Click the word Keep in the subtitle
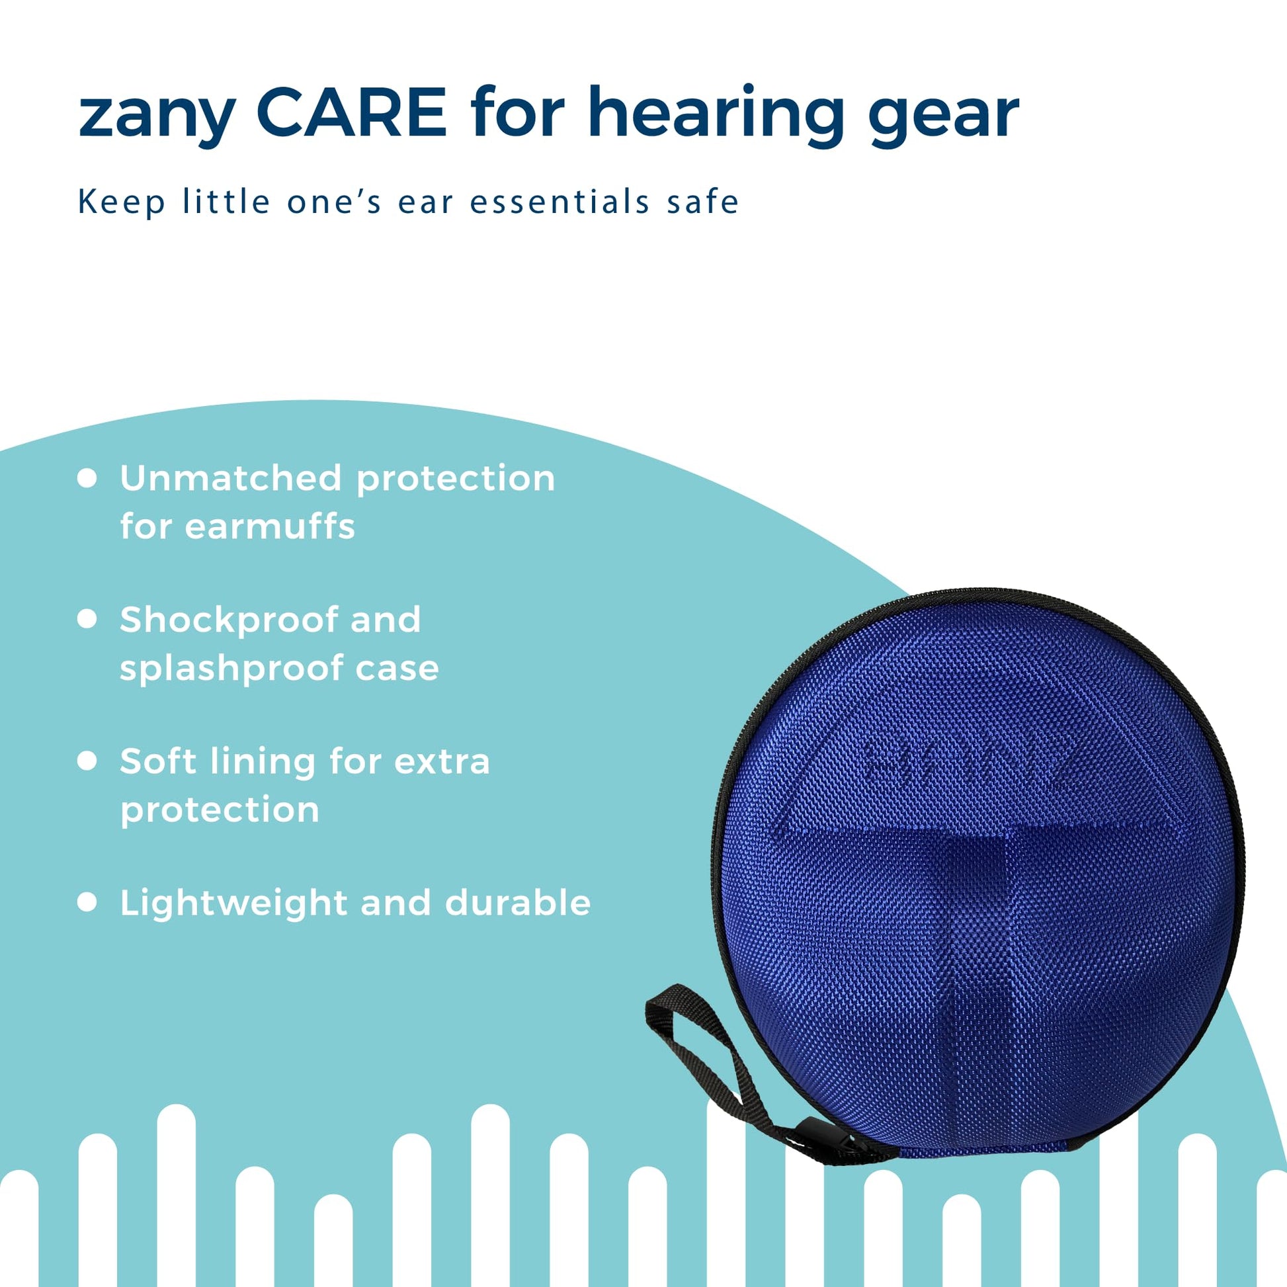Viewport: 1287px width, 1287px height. click(x=122, y=202)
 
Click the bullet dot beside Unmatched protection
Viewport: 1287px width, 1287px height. click(x=87, y=478)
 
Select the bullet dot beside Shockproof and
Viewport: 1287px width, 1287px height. click(x=87, y=619)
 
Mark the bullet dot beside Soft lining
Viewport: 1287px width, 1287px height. click(x=87, y=761)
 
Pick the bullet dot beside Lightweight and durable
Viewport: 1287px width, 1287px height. click(x=87, y=902)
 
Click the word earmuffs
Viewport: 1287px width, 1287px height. click(x=270, y=526)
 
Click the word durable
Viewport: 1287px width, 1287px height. click(x=518, y=903)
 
